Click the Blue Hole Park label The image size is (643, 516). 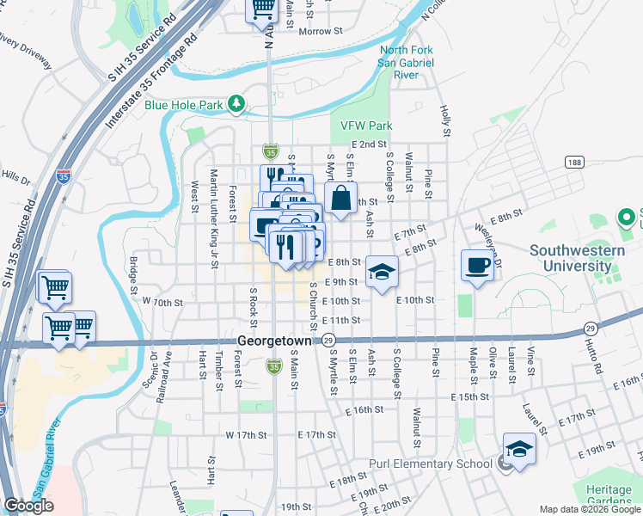click(x=183, y=105)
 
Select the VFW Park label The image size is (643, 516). click(x=366, y=126)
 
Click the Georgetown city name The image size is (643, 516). click(x=273, y=341)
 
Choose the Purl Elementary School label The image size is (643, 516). click(x=430, y=464)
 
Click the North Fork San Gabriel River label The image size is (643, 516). click(x=407, y=63)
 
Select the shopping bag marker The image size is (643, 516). click(x=341, y=198)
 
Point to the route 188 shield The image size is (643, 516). click(x=575, y=162)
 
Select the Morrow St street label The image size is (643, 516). click(x=320, y=31)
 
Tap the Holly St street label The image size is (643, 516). click(x=445, y=121)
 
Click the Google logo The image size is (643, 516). click(x=29, y=506)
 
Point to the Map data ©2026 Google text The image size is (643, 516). click(x=589, y=509)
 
